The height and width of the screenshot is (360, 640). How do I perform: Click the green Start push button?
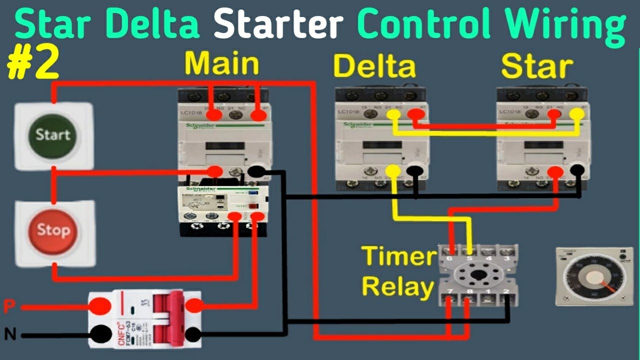tap(52, 134)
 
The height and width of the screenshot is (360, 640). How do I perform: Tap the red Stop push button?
tap(52, 230)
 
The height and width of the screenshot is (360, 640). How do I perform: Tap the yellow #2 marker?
tap(33, 64)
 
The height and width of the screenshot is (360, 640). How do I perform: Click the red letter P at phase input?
tap(8, 306)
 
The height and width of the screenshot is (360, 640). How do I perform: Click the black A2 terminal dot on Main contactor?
tap(257, 171)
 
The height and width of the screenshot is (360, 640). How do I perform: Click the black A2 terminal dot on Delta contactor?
tap(414, 171)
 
